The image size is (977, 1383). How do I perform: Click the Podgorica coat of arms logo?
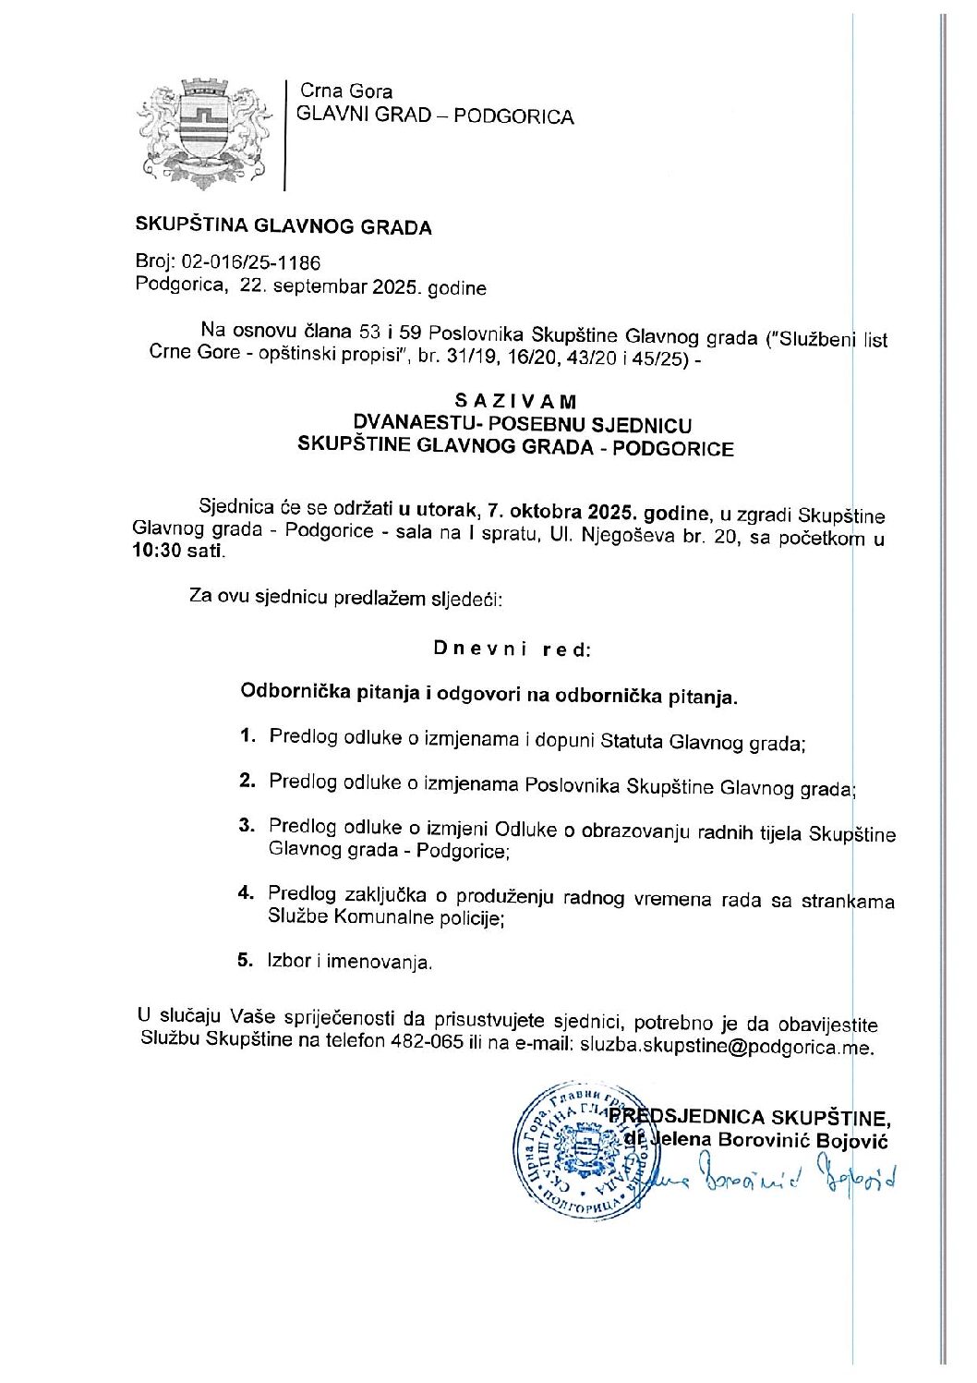click(x=205, y=133)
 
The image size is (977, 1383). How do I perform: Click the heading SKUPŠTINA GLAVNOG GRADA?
click(x=283, y=226)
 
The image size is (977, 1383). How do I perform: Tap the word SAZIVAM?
click(x=515, y=402)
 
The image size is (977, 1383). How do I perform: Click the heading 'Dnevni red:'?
click(x=512, y=649)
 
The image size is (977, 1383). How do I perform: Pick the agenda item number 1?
click(x=247, y=736)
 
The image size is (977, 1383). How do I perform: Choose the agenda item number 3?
click(x=246, y=826)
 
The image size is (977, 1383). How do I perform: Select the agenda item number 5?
click(x=245, y=960)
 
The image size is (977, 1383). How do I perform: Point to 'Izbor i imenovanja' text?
click(x=349, y=962)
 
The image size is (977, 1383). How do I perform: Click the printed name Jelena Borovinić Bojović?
click(x=769, y=1140)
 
